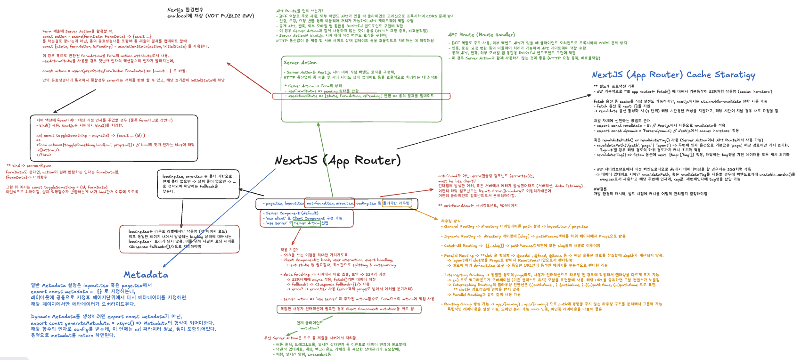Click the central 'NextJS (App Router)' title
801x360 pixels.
pos(337,161)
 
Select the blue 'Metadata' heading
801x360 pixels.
pos(146,275)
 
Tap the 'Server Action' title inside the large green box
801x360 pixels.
pos(300,63)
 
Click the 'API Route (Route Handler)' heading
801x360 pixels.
pos(481,35)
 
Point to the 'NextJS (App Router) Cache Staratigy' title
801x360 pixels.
pos(673,75)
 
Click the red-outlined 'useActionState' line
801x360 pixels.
pos(361,96)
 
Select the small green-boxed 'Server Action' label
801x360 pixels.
pos(307,223)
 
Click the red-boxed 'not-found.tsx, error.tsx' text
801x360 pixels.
pos(330,204)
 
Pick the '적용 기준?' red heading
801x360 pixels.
pos(289,250)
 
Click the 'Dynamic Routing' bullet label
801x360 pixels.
pos(460,236)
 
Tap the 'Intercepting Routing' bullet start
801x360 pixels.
pos(464,275)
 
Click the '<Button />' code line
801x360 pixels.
pos(49,150)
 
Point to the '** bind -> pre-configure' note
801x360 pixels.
pos(29,165)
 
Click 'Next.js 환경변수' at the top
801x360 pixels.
pos(185,10)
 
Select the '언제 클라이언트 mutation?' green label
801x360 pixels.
pos(310,325)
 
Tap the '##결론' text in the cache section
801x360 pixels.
pos(600,188)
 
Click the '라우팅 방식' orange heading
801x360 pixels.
pos(451,221)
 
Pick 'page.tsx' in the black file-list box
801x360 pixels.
pos(274,204)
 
